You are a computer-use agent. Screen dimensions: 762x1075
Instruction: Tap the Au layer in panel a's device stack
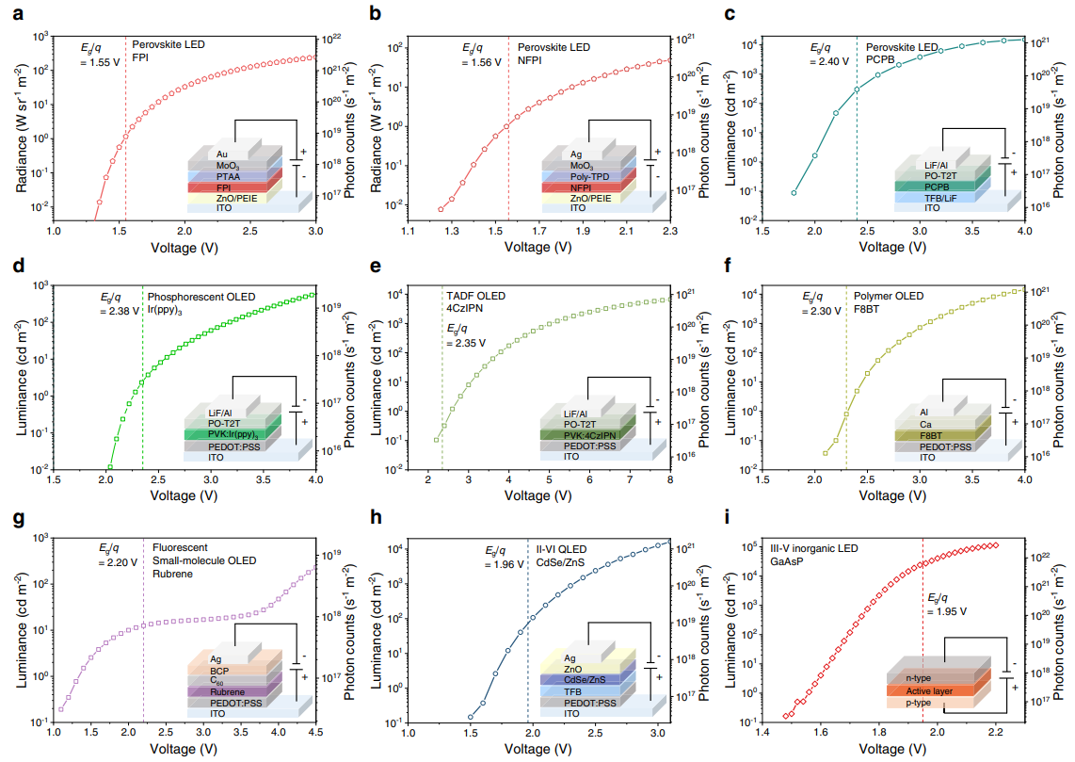click(222, 154)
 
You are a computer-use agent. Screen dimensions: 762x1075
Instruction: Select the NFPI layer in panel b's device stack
click(581, 187)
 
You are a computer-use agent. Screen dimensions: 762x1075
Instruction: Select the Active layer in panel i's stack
click(930, 690)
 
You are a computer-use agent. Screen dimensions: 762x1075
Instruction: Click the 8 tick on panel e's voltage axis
click(669, 479)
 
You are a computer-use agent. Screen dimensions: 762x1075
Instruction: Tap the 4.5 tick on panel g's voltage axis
click(315, 732)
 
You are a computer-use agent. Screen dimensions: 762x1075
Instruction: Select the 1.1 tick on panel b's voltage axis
click(407, 230)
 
